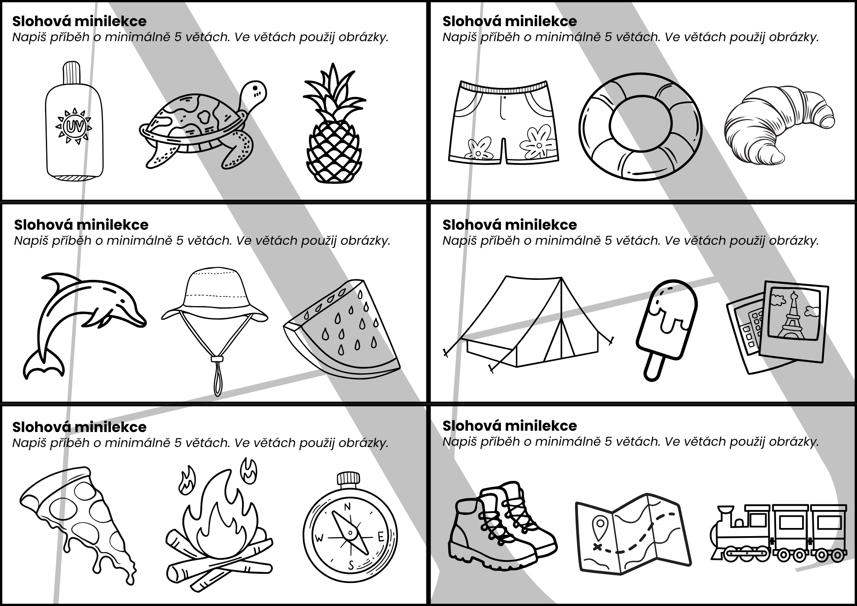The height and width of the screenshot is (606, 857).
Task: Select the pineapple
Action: [334, 124]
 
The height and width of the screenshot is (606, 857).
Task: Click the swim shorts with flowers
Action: [503, 122]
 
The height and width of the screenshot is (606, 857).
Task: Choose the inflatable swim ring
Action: [641, 127]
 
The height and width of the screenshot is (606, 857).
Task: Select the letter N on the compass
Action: [347, 507]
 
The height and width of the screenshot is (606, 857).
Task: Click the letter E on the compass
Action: [380, 537]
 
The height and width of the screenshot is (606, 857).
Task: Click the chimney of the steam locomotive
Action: [724, 513]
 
